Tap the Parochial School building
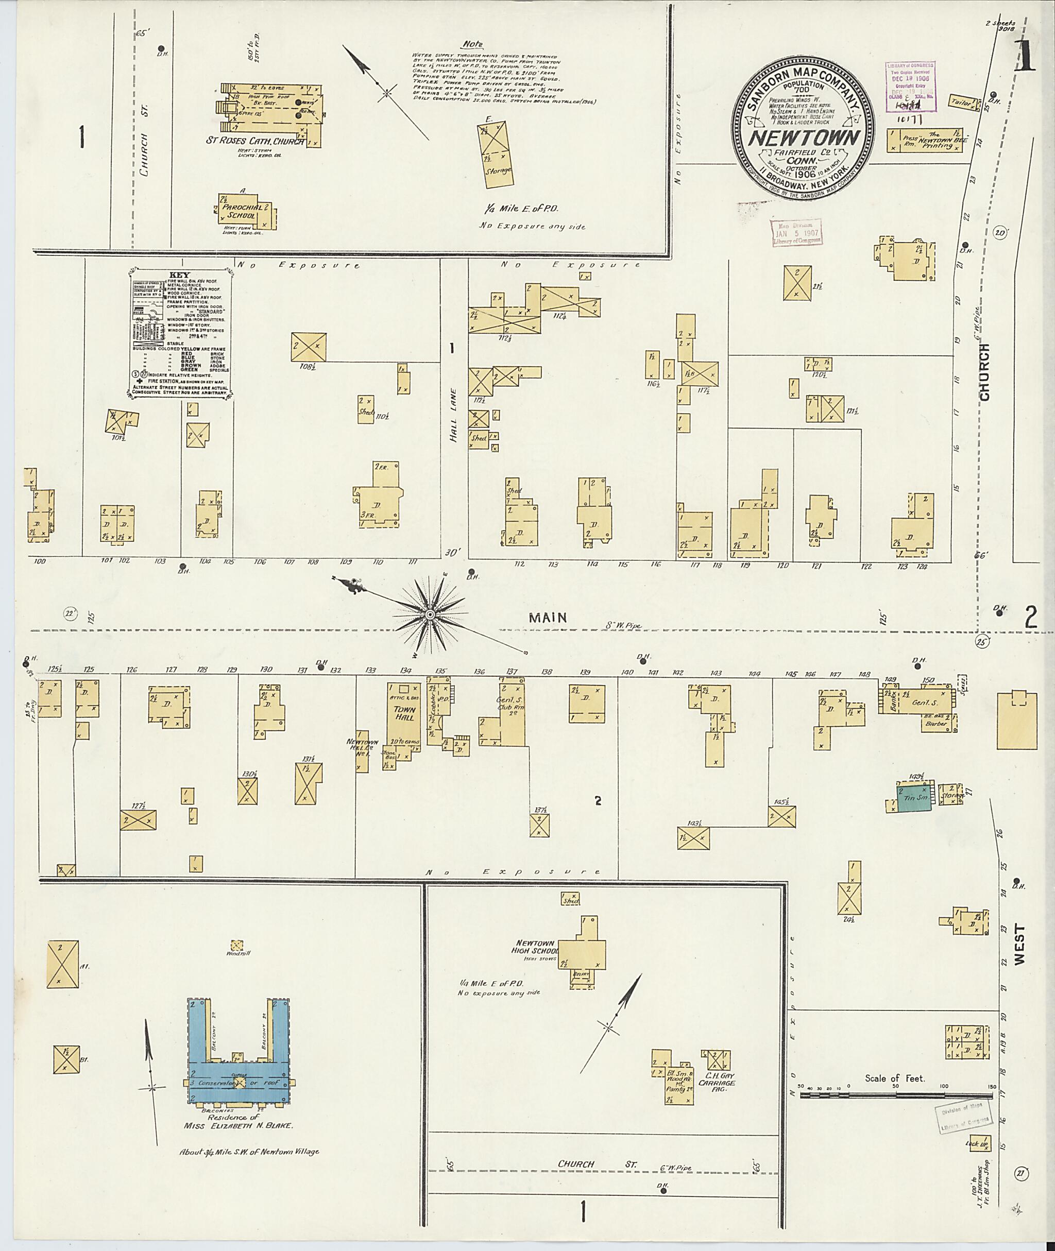tap(248, 211)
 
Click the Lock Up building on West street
tap(978, 1144)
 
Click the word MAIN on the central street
tap(548, 618)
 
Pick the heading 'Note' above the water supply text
tap(472, 44)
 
